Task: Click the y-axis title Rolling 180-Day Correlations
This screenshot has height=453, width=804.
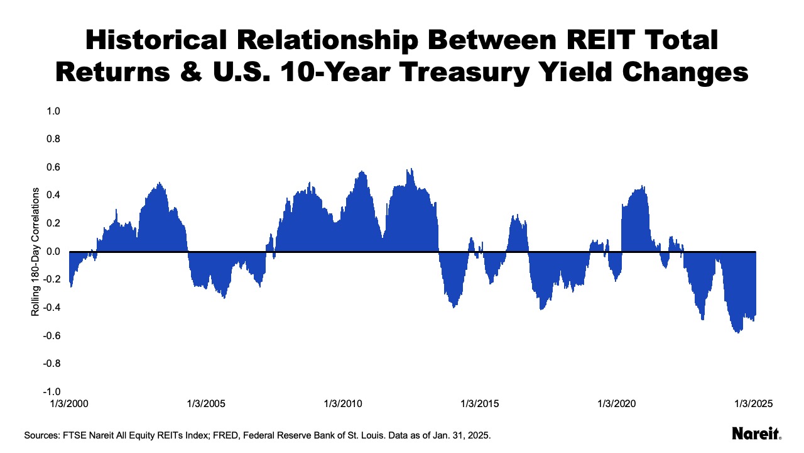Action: coord(36,252)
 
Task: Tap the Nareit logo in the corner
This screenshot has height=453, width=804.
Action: coord(756,433)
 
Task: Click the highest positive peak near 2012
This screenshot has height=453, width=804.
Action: coord(411,169)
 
